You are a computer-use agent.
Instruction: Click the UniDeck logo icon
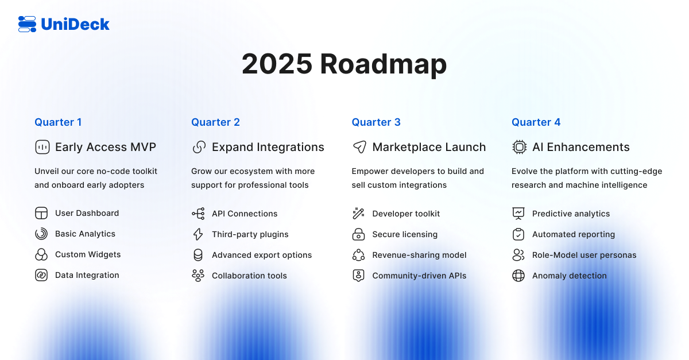(x=27, y=24)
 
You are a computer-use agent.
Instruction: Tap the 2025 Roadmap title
(x=344, y=64)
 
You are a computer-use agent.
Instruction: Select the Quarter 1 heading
(x=58, y=122)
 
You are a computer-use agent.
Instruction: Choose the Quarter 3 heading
(x=376, y=122)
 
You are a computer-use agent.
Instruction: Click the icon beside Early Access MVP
(x=42, y=147)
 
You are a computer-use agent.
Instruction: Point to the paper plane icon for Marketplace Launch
(x=359, y=147)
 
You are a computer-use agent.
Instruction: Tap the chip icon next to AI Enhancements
(x=519, y=147)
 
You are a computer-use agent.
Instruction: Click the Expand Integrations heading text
(x=268, y=147)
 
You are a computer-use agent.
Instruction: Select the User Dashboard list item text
(x=87, y=213)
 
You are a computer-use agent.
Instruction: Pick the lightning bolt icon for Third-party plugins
(x=198, y=234)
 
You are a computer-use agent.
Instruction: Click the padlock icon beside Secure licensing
(x=358, y=234)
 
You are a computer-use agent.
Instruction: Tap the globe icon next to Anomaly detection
(x=518, y=276)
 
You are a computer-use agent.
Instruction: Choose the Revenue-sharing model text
(x=419, y=255)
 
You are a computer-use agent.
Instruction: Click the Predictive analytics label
(x=571, y=214)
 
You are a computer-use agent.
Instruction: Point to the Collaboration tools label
(x=249, y=276)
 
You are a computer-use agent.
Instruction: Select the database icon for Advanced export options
(x=198, y=255)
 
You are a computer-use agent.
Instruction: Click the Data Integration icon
(x=41, y=275)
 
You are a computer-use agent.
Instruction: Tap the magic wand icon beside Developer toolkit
(x=358, y=213)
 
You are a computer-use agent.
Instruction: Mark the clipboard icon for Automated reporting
(x=518, y=234)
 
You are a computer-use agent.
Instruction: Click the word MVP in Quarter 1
(x=143, y=147)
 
